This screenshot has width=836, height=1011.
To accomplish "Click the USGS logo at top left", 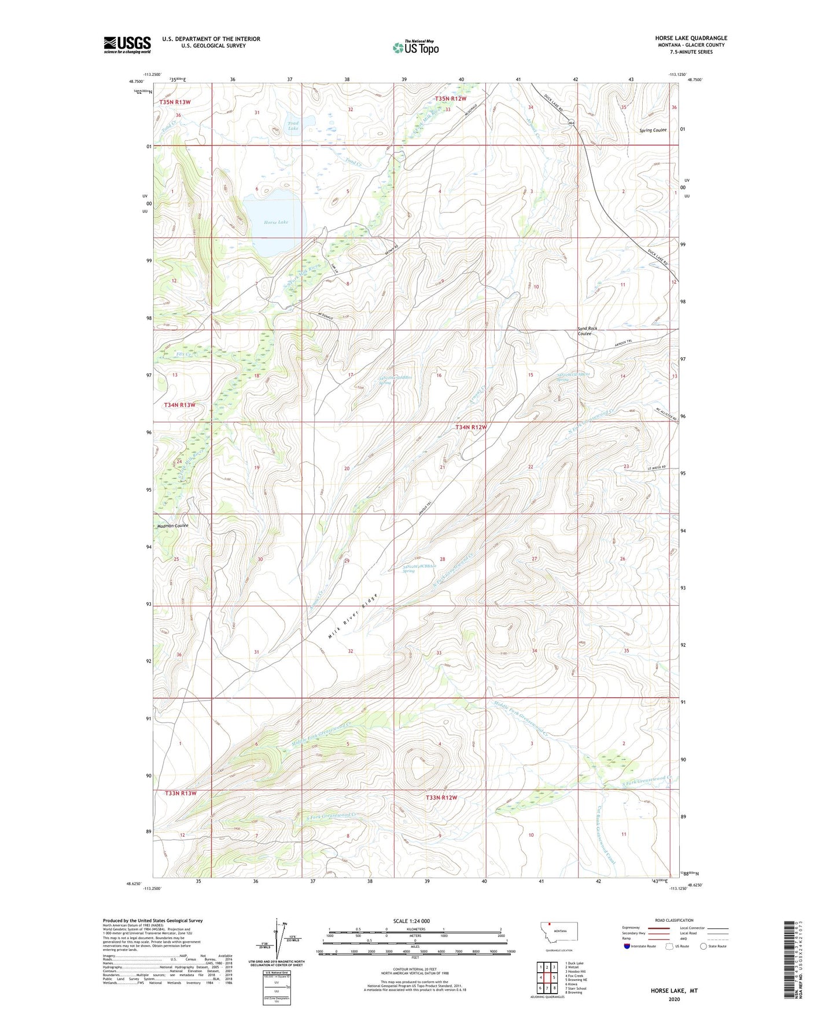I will [127, 45].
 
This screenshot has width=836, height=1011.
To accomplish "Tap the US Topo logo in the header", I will [415, 47].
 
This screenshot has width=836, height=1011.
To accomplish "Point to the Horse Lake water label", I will [275, 222].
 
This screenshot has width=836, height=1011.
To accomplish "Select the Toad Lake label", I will [293, 126].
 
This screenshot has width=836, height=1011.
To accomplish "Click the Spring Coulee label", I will [653, 130].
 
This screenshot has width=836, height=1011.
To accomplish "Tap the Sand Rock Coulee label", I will [587, 331].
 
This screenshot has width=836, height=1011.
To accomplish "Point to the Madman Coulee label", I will [172, 526].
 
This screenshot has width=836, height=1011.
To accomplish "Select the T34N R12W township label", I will [470, 427].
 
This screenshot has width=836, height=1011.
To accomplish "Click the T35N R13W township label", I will [175, 102].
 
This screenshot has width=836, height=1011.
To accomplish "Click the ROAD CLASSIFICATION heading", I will [675, 920].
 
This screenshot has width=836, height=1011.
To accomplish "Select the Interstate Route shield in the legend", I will [628, 947].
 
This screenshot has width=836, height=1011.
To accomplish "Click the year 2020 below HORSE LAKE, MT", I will [674, 999].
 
